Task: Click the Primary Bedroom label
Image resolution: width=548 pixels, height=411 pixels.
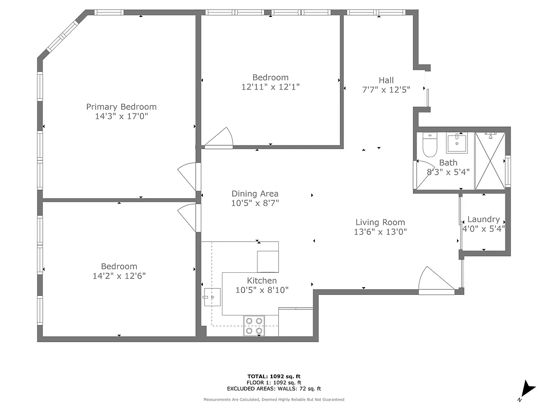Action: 121,107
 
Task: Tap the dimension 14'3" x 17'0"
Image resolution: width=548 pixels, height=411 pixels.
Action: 121,117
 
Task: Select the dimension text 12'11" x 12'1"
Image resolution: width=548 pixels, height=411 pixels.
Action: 270,87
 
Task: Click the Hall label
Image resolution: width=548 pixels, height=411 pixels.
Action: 386,80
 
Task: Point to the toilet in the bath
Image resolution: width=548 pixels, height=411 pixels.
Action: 429,144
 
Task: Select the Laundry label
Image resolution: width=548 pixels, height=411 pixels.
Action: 483,219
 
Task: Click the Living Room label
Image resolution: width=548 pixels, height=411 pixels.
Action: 380,222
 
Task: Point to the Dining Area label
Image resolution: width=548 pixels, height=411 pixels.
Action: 255,194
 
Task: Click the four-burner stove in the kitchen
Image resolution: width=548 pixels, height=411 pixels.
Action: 254,326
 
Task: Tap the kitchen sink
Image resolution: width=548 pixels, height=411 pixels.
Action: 212,297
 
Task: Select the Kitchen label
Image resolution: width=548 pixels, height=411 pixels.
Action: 262,281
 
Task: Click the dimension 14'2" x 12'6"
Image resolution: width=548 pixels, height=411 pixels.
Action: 119,276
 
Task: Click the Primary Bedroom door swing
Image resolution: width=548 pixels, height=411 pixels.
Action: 187,176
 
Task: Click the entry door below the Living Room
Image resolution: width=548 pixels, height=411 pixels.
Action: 434,282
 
